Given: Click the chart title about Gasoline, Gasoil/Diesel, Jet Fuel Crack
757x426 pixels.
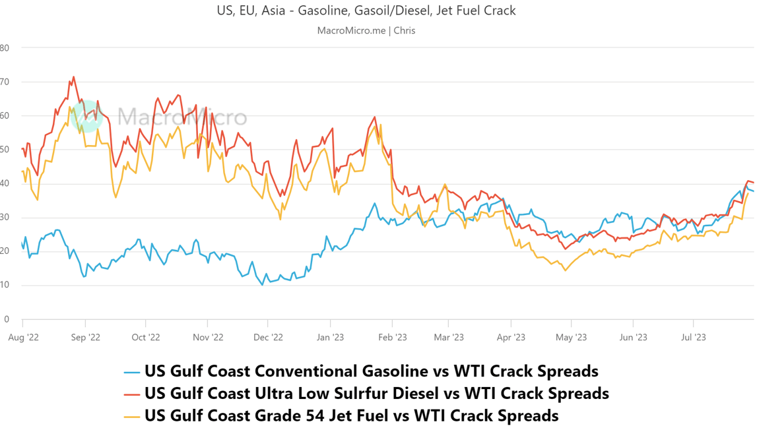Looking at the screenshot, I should (366, 11).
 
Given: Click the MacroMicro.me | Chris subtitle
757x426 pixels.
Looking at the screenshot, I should (366, 30).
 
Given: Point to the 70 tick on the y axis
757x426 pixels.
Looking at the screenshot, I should (5, 82).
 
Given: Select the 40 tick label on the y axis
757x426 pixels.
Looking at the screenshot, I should (5, 183).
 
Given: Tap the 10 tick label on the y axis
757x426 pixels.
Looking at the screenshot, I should (5, 286).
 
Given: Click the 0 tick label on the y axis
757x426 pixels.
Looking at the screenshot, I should (7, 319).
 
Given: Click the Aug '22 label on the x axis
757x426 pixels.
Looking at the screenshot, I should (24, 337).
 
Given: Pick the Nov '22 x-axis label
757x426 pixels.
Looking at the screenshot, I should (208, 337).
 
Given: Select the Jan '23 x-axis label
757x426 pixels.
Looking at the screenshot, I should (329, 337).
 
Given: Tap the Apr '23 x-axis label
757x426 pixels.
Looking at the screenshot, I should (510, 337).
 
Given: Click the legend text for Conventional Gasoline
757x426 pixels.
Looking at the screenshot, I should (371, 371).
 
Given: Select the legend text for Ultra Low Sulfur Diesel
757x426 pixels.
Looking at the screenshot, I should (376, 393).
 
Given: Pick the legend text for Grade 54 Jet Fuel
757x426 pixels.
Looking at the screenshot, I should (351, 415).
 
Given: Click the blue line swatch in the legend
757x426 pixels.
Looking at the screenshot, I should (132, 372).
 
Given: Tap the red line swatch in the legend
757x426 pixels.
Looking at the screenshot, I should (132, 394).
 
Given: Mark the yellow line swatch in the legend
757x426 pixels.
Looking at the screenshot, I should (132, 417).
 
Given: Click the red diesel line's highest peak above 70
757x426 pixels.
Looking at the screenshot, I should (73, 76).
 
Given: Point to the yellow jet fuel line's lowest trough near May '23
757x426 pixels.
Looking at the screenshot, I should (565, 270).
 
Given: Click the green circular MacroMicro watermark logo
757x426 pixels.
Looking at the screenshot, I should (86, 116).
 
